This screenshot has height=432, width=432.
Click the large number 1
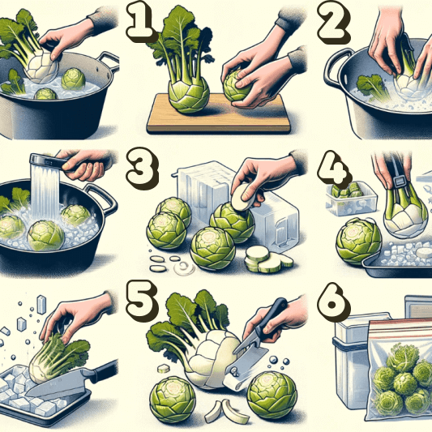[x=139, y=21]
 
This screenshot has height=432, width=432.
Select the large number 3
[x=142, y=168]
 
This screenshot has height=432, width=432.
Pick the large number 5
[x=141, y=302]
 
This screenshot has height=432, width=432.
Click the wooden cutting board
[x=218, y=115]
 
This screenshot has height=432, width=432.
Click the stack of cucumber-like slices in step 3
[x=267, y=259]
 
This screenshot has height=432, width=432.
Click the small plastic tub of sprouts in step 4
[x=350, y=198]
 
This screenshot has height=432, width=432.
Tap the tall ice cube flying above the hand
[x=41, y=305]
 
